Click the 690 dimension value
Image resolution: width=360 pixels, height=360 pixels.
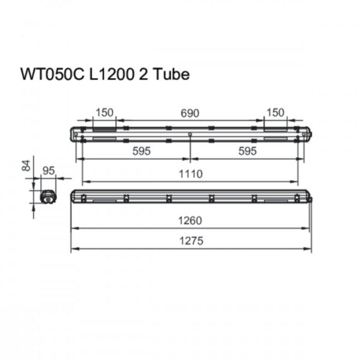[x=190, y=113]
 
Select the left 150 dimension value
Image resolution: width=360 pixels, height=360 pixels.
[x=104, y=113]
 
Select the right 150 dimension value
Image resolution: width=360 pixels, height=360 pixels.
[x=275, y=113]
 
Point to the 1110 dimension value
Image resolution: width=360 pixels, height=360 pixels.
[x=190, y=173]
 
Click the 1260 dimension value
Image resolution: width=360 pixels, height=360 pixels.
[x=190, y=220]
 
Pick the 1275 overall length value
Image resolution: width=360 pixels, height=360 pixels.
[x=190, y=241]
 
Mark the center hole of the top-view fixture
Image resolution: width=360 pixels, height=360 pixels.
[x=190, y=134]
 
